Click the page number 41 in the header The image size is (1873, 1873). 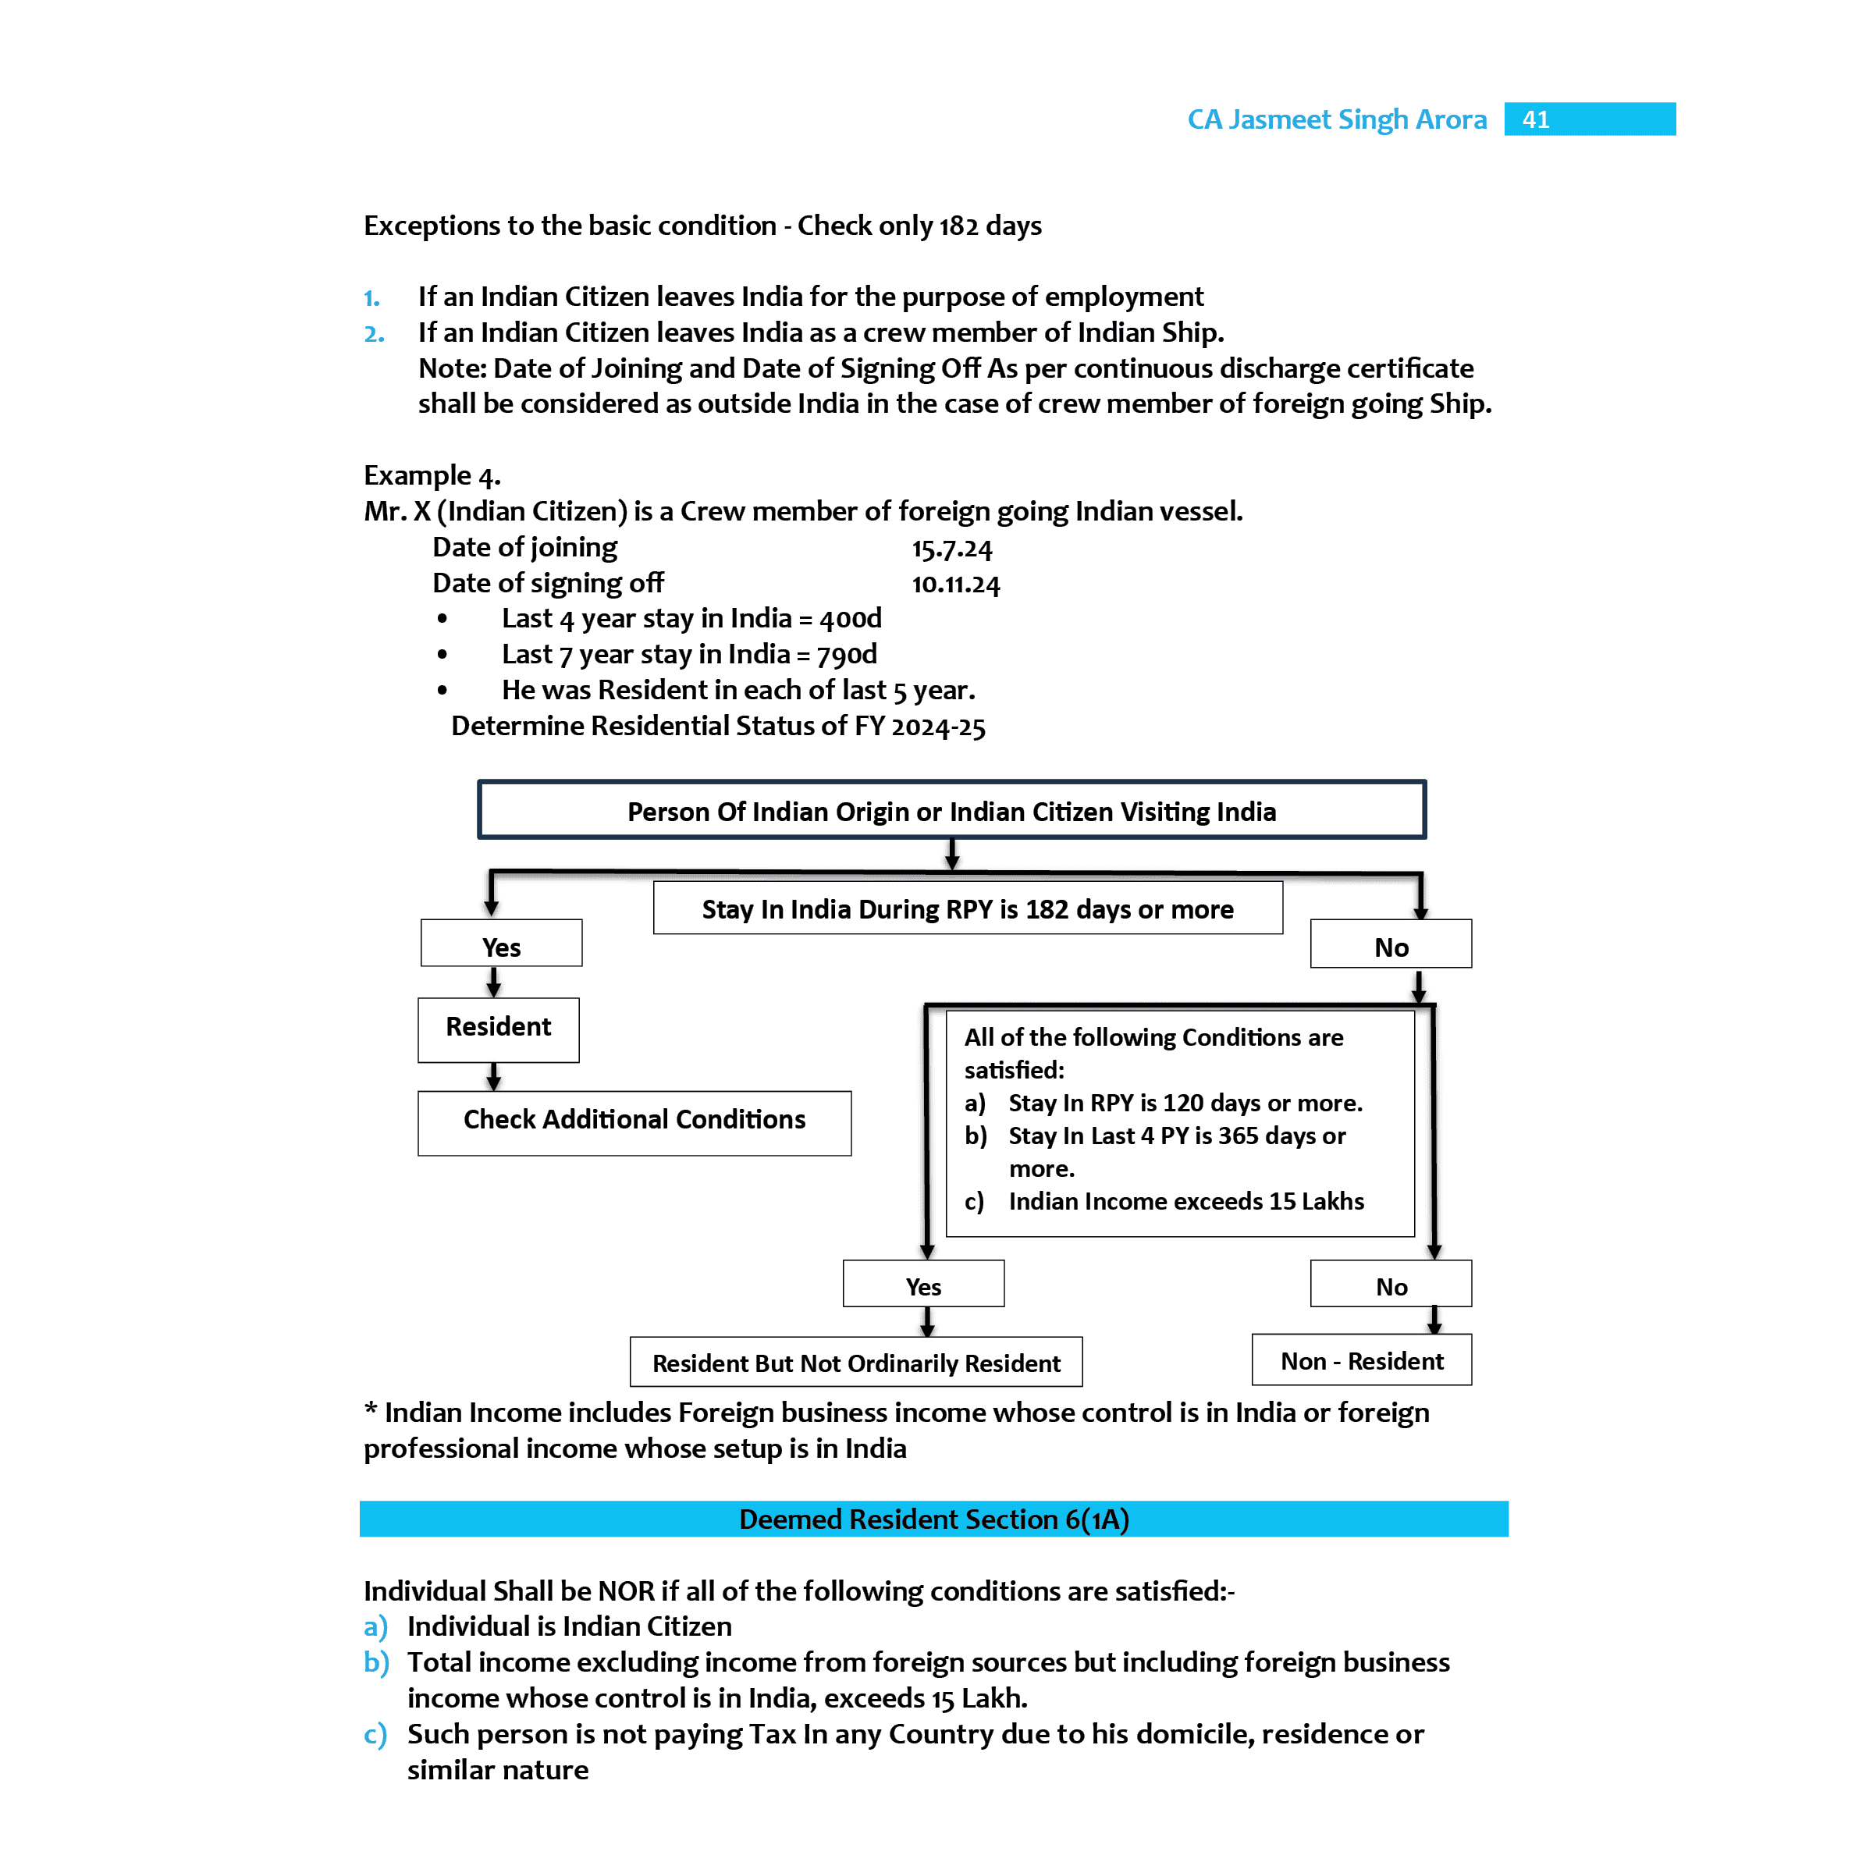pyautogui.click(x=1536, y=119)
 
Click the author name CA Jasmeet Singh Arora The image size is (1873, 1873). pyautogui.click(x=1336, y=119)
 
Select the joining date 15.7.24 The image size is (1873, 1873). pyautogui.click(x=951, y=549)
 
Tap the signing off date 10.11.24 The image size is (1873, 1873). pyautogui.click(x=955, y=585)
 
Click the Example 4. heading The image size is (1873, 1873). pyautogui.click(x=432, y=475)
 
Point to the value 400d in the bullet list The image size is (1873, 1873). pyautogui.click(x=850, y=619)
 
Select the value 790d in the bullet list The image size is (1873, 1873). pyautogui.click(x=846, y=655)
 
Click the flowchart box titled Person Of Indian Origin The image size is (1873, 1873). pyautogui.click(x=951, y=811)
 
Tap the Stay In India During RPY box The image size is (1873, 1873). pyautogui.click(x=967, y=908)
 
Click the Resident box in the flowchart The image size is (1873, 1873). pyautogui.click(x=499, y=1028)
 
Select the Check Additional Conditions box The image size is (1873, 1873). pyautogui.click(x=634, y=1121)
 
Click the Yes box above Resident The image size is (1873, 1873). pyautogui.click(x=501, y=945)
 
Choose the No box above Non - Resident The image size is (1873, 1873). pyautogui.click(x=1390, y=1285)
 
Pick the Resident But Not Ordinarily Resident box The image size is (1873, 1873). pyautogui.click(x=855, y=1362)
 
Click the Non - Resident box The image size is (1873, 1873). pyautogui.click(x=1361, y=1360)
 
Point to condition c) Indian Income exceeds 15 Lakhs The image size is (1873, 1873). pyautogui.click(x=1185, y=1201)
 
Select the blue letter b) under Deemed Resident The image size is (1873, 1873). pyautogui.click(x=376, y=1662)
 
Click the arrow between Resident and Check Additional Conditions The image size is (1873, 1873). pyautogui.click(x=493, y=1077)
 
